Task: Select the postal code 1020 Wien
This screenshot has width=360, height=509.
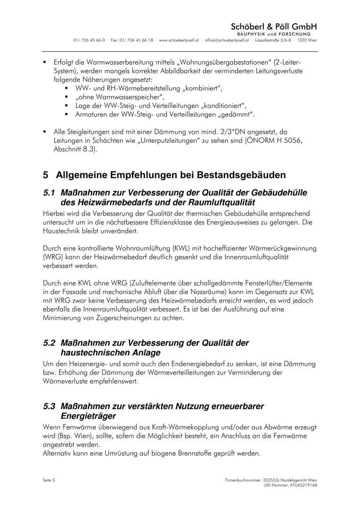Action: point(308,41)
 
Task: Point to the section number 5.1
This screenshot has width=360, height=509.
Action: point(49,194)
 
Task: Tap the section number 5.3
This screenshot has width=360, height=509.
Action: point(49,406)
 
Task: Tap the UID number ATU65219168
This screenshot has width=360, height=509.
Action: point(301,484)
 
